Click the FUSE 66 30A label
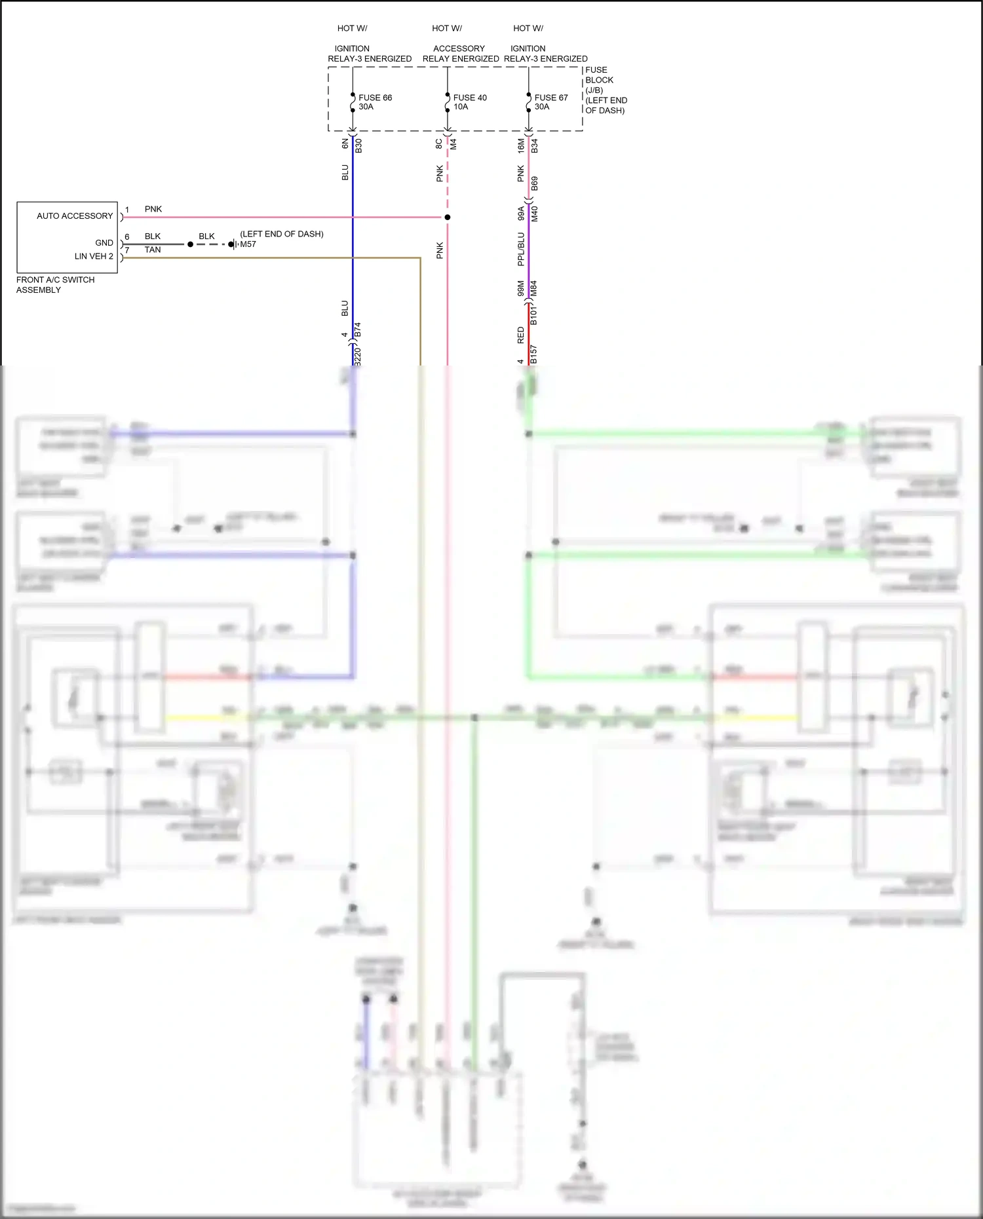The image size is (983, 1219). pos(375,102)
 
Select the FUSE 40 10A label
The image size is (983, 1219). pos(469,102)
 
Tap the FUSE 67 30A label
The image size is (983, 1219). pos(550,102)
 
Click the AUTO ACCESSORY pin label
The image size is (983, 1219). pos(75,216)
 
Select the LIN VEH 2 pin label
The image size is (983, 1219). pos(94,256)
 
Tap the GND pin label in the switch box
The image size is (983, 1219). pos(104,242)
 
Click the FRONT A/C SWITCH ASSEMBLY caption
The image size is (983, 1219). pos(55,285)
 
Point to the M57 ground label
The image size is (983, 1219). pos(248,244)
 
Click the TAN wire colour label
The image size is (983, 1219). pos(153,250)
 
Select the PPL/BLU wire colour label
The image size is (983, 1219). pos(521,249)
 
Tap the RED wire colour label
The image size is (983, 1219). pos(521,335)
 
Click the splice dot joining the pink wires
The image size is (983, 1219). pos(448,217)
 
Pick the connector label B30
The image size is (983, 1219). pos(358,146)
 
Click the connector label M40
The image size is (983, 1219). pos(535,214)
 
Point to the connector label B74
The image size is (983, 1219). pos(357,329)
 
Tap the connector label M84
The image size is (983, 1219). pos(533,288)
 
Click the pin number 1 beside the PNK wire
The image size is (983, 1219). pos(127,210)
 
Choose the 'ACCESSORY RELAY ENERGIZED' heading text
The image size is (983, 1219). pos(460,54)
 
